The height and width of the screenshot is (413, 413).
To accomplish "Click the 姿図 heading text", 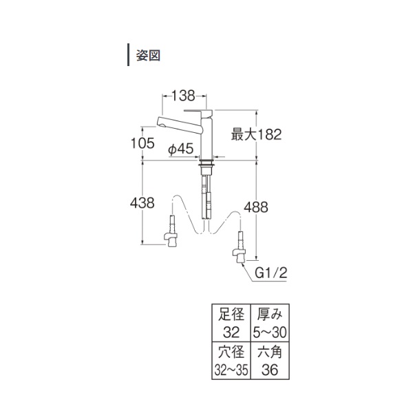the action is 148,56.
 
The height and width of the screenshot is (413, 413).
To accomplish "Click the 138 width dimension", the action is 183,96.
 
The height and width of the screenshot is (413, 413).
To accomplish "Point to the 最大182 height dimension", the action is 256,134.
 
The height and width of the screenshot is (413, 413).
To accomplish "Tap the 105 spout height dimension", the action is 142,143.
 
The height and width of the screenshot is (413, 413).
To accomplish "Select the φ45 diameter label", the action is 181,149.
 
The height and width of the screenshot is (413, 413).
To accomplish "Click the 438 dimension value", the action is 142,203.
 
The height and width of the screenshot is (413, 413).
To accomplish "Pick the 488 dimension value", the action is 256,207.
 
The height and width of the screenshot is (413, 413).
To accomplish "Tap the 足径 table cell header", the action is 231,315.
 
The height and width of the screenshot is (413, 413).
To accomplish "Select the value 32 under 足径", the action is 231,332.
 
